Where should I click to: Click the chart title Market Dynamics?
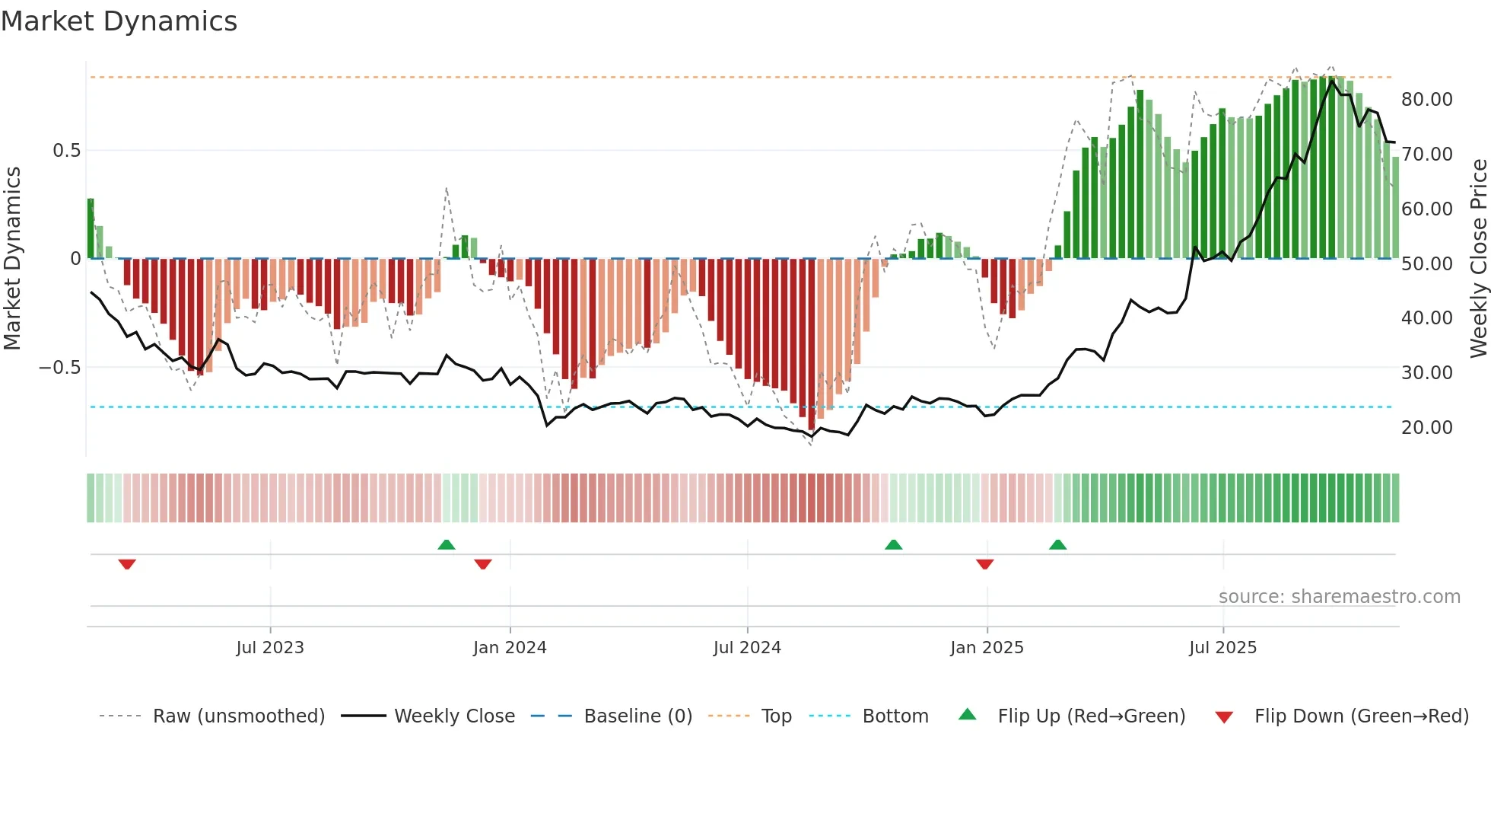(119, 21)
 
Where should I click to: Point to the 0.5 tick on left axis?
(67, 151)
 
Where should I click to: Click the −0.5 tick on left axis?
(60, 368)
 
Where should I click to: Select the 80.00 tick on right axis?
(1427, 100)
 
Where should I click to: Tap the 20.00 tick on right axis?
(1427, 428)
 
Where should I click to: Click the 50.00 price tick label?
(1427, 264)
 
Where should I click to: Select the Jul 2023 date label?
(270, 648)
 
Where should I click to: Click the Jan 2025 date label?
(987, 648)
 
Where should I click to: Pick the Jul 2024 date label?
(747, 648)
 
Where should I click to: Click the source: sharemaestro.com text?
(1339, 597)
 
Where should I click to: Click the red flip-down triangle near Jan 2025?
(985, 564)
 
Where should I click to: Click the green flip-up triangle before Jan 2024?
(447, 544)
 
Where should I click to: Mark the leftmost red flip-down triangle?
(127, 564)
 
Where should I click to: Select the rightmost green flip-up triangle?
(1057, 544)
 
